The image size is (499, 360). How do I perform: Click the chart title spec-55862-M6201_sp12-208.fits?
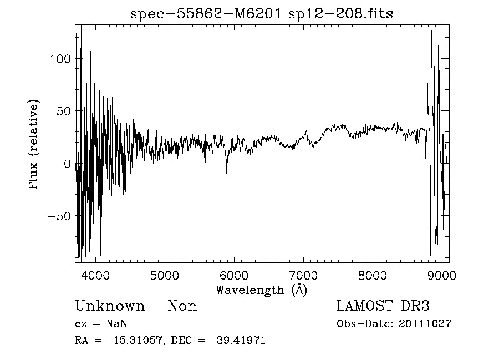tap(261, 14)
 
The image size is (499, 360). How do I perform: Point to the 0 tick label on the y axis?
tap(68, 164)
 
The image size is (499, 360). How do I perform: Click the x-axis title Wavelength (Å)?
tap(261, 290)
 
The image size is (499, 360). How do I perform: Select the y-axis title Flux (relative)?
tap(34, 145)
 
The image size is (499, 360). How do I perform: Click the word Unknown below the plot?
tap(110, 306)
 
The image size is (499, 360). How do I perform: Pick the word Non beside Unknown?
tap(182, 306)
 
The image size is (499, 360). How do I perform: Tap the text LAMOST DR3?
tap(383, 306)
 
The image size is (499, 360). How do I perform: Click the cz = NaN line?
tap(103, 324)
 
